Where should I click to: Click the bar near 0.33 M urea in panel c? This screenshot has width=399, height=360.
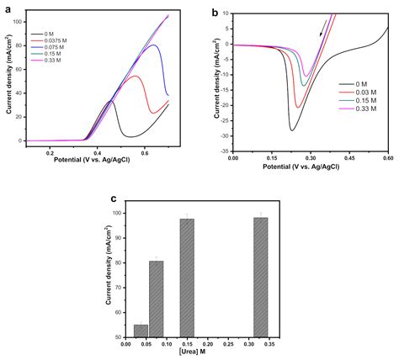260,277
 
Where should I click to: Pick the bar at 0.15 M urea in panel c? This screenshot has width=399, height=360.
187,278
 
